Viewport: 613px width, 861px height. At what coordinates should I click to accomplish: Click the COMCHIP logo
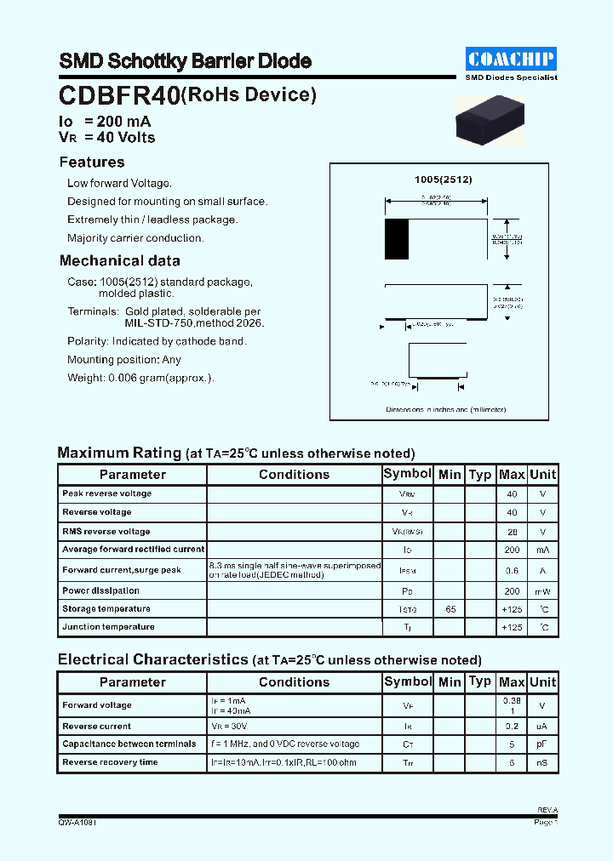tap(512, 59)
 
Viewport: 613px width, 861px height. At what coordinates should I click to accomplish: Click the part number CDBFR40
tap(118, 96)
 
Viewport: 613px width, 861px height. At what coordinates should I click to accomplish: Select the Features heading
tap(92, 163)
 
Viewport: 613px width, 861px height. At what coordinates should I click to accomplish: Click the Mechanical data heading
tap(119, 261)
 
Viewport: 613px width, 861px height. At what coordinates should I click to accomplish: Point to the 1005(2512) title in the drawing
tap(443, 180)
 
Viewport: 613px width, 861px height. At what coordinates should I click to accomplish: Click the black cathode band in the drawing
tap(397, 239)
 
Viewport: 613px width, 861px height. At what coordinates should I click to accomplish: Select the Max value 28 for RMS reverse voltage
tap(512, 531)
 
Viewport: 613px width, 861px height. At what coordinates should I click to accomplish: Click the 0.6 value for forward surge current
tap(512, 571)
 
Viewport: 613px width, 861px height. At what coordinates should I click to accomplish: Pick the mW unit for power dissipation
tap(542, 590)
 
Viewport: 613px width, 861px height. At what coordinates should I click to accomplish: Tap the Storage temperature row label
tap(106, 609)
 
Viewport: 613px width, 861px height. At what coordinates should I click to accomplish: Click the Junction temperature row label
tap(108, 627)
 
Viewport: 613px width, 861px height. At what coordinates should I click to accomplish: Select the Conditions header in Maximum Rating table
tap(294, 475)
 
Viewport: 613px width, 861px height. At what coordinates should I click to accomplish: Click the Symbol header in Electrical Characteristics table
tap(408, 681)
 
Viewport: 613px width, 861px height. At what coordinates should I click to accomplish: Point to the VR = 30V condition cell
tap(231, 727)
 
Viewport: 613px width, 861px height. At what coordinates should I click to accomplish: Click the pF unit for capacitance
tap(542, 744)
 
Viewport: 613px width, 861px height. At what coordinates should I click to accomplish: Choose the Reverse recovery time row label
tap(110, 762)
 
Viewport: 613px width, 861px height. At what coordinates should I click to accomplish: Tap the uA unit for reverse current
tap(542, 727)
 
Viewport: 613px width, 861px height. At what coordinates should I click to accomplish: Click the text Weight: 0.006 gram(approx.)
tap(140, 378)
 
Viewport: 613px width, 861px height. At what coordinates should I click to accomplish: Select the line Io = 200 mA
tap(105, 122)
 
